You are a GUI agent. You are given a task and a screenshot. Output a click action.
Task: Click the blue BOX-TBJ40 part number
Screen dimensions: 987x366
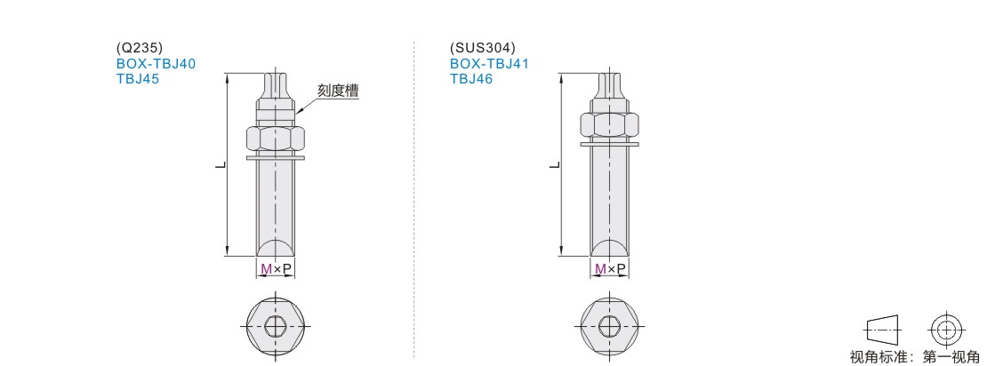click(x=156, y=63)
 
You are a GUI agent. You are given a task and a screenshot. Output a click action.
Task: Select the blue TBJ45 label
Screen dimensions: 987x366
click(x=138, y=79)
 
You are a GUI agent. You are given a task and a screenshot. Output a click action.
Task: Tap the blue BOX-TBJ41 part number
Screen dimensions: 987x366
click(x=489, y=63)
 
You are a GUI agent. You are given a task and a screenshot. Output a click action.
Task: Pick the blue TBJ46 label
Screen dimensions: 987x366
click(x=471, y=79)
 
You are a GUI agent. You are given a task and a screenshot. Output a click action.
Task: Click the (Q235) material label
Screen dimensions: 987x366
click(x=140, y=49)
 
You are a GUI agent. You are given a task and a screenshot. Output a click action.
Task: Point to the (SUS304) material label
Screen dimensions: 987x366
click(x=482, y=49)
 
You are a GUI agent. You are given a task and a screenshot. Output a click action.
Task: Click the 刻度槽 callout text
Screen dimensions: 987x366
click(x=337, y=91)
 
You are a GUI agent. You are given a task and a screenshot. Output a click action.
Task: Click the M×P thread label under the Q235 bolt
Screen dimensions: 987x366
click(x=276, y=269)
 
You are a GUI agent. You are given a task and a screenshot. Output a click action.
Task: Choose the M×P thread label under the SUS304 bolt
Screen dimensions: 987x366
click(x=609, y=269)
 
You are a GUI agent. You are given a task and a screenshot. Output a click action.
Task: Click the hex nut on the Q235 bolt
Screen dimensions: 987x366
click(x=276, y=139)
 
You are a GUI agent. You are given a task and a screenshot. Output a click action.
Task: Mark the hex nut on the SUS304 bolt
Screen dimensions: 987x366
click(x=609, y=126)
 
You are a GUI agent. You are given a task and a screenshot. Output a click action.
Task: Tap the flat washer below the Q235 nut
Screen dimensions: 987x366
click(x=276, y=157)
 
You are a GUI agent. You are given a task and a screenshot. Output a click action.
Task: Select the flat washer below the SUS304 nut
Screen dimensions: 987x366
click(x=609, y=145)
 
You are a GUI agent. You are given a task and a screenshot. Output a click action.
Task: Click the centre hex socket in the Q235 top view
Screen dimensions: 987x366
click(x=276, y=326)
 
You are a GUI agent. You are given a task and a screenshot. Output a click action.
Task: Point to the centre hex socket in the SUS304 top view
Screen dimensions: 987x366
click(x=609, y=326)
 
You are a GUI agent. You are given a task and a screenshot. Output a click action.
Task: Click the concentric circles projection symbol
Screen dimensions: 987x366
click(x=944, y=329)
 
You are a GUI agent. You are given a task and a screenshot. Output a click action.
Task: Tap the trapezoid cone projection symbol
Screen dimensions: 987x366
click(x=884, y=329)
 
